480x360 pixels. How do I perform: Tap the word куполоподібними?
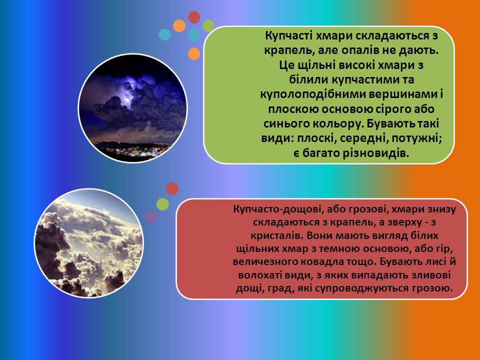(x=312, y=94)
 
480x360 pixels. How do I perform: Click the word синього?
(x=284, y=123)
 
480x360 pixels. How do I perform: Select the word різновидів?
(x=371, y=153)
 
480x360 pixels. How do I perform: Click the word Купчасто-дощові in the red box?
(x=277, y=209)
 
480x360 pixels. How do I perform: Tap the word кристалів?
(x=276, y=235)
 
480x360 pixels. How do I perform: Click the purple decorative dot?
(x=151, y=217)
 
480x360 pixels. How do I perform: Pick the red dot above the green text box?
(x=194, y=17)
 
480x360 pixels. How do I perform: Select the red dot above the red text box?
(x=172, y=188)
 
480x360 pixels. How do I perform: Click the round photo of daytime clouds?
(x=88, y=243)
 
